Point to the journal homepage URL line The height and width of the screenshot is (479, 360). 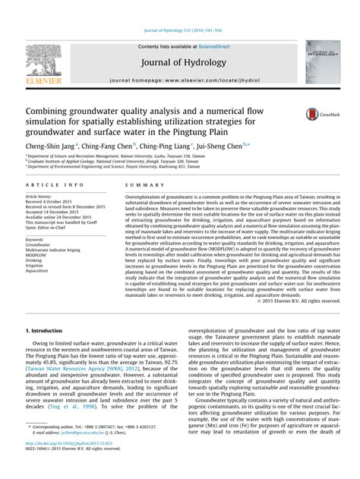click(179, 79)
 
